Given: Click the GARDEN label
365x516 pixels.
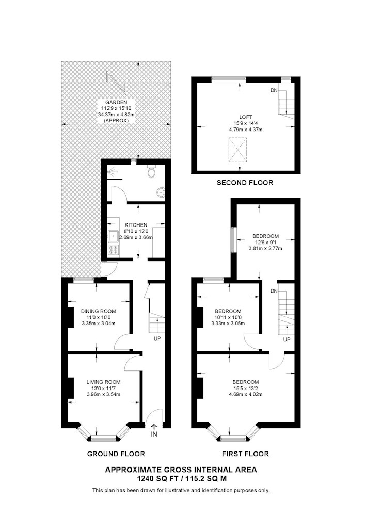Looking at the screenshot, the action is (116, 102).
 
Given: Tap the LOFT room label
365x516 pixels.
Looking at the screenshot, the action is (246, 117).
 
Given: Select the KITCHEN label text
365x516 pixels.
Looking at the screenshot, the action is (136, 225).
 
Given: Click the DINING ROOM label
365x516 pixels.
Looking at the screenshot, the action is (99, 311).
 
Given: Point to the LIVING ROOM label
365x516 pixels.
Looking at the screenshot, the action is (103, 382).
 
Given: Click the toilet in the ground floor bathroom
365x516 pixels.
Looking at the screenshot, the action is (152, 171).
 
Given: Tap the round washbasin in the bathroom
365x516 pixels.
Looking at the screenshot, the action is (161, 192).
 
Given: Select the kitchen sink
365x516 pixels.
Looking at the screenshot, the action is (114, 236).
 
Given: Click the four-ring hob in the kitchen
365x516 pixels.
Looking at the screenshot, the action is (114, 250).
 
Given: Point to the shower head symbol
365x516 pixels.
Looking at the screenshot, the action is (112, 171).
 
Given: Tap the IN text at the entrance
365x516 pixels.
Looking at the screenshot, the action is (154, 434).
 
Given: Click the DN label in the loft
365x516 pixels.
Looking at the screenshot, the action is (274, 90).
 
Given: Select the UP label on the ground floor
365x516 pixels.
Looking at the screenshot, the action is (157, 338).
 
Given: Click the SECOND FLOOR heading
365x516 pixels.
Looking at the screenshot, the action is (245, 182).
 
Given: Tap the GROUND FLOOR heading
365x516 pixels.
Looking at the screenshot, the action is (116, 454).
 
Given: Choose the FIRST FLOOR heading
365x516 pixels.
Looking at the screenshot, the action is (245, 454).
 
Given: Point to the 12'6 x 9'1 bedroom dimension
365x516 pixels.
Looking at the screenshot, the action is (265, 242).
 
